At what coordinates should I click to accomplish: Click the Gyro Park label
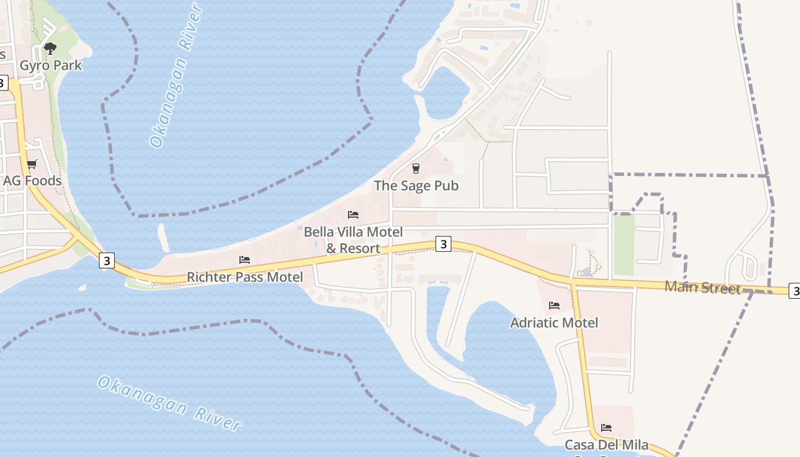pyautogui.click(x=51, y=66)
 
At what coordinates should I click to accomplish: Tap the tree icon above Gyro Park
pyautogui.click(x=50, y=48)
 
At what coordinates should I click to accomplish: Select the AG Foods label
pyautogui.click(x=33, y=181)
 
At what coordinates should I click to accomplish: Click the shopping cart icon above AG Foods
pyautogui.click(x=32, y=165)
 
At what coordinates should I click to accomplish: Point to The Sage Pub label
pyautogui.click(x=416, y=186)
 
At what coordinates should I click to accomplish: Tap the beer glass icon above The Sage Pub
pyautogui.click(x=415, y=169)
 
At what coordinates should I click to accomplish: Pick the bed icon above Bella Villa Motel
pyautogui.click(x=353, y=215)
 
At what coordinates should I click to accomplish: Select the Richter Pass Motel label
pyautogui.click(x=245, y=277)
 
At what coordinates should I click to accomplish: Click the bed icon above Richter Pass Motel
pyautogui.click(x=245, y=260)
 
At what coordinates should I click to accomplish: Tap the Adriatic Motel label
pyautogui.click(x=554, y=323)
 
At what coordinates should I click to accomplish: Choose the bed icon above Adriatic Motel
pyautogui.click(x=554, y=306)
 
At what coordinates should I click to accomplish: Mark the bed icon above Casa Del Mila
pyautogui.click(x=606, y=427)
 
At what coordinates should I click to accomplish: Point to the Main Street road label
pyautogui.click(x=702, y=287)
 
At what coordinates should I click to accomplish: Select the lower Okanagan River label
pyautogui.click(x=170, y=403)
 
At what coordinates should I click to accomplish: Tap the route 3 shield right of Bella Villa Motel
pyautogui.click(x=443, y=244)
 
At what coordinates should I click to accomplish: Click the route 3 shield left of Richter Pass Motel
pyautogui.click(x=106, y=260)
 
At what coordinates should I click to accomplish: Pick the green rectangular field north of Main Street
pyautogui.click(x=624, y=244)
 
